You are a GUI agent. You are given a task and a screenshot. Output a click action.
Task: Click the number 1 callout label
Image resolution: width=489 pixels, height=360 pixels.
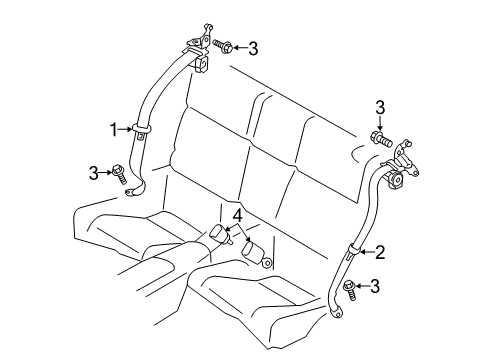pos(113,129)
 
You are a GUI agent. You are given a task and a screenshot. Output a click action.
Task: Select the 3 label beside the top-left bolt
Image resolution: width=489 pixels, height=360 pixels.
pos(253,46)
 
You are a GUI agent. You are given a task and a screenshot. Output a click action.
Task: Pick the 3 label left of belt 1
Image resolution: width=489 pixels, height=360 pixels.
pos(93,173)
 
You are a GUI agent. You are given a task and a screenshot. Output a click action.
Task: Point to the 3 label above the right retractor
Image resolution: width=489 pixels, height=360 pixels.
pos(379,108)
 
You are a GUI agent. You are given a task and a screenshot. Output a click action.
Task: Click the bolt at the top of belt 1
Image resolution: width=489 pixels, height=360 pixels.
pos(226,46)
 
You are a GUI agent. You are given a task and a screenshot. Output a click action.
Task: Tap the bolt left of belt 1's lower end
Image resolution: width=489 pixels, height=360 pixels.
pos(119,175)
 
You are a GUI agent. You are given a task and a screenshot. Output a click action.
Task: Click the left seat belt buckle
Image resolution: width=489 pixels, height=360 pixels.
pos(217,234)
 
